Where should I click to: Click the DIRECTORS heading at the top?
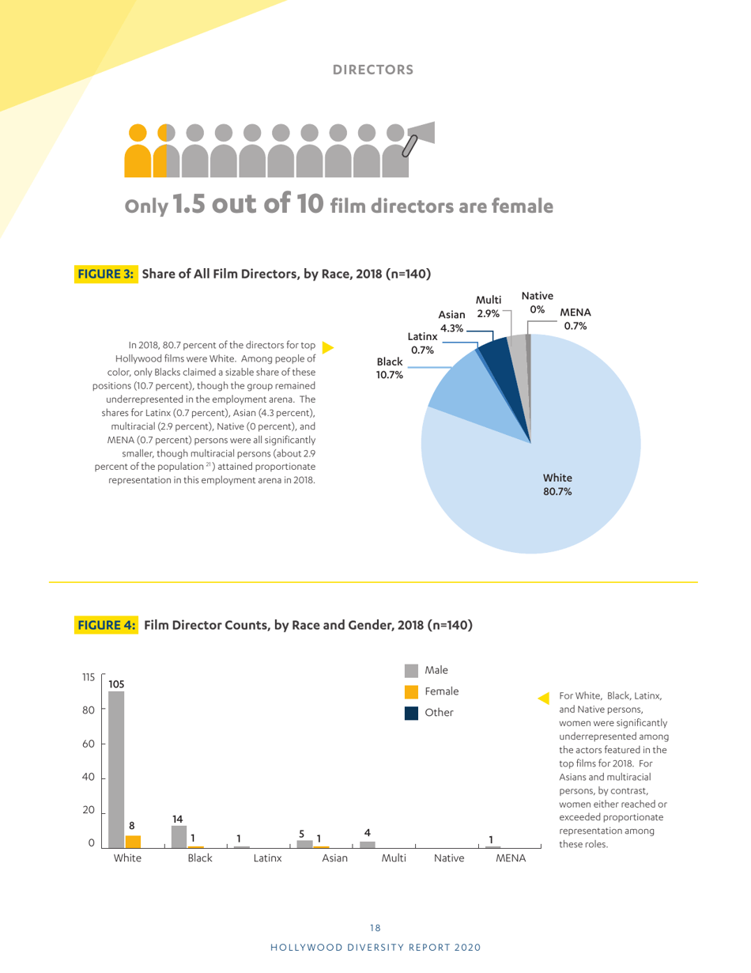(x=373, y=70)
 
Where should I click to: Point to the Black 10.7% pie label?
(x=390, y=368)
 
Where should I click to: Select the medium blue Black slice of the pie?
(x=459, y=388)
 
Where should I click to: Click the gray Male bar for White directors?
(x=116, y=767)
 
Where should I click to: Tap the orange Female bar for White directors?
(x=133, y=841)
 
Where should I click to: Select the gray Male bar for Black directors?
(x=179, y=836)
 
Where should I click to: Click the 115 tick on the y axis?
(x=89, y=677)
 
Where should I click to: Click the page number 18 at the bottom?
(x=375, y=928)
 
